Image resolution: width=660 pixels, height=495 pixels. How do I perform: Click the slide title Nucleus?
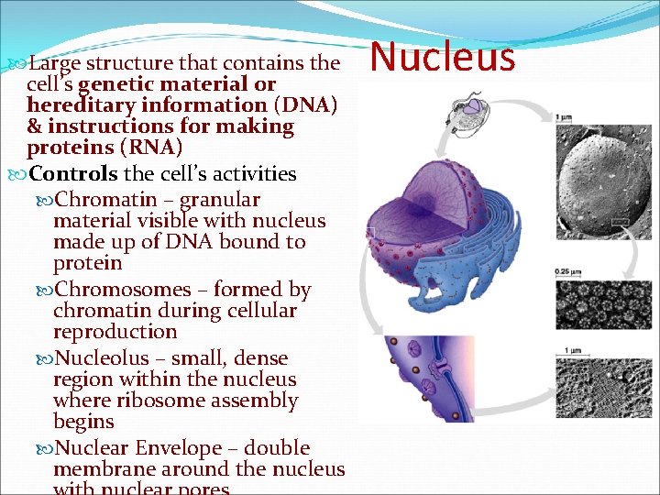[444, 57]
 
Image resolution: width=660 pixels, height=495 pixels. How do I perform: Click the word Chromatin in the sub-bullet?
[95, 200]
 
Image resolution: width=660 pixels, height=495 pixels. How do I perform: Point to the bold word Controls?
[73, 174]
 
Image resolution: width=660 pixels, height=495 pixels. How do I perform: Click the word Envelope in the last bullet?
[179, 448]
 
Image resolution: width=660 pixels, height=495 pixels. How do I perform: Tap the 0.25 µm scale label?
[567, 272]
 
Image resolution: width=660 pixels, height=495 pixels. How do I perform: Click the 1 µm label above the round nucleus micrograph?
[565, 116]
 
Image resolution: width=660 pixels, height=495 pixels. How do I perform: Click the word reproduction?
[115, 332]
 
